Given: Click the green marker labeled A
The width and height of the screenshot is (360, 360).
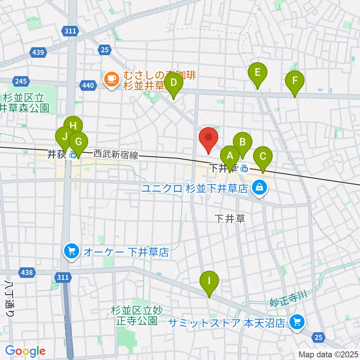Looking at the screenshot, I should coord(229,156).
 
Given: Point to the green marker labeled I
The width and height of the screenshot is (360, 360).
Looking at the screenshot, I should coord(209,281).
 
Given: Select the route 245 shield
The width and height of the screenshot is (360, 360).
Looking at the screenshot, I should coord(20,81).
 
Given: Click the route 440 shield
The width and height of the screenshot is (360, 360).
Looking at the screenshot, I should coord(88,86).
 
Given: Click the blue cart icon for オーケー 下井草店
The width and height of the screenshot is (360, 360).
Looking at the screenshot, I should coord(71,251).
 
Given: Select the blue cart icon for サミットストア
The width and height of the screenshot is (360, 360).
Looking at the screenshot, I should coord(297,322).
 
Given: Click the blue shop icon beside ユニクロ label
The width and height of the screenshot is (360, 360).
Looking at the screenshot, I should coord(259,187).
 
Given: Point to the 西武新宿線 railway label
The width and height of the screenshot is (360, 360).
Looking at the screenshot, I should coord(115,154).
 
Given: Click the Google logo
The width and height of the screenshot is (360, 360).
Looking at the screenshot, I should coord(25,351).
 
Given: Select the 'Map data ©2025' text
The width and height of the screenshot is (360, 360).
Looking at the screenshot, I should coord(328,354).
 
